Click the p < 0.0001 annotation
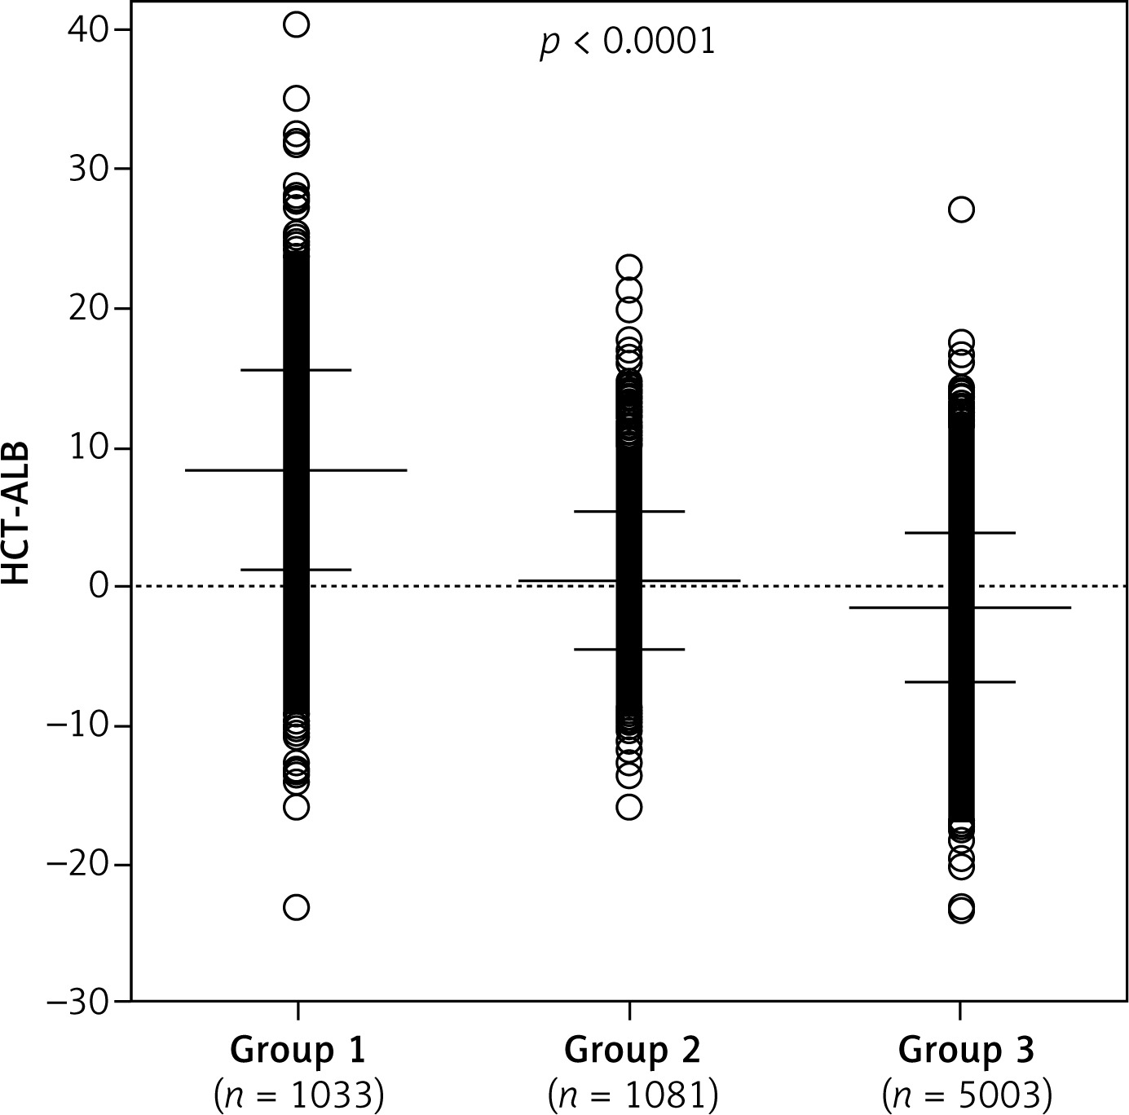click(x=627, y=42)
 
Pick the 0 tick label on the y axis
click(x=99, y=587)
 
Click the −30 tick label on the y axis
click(x=78, y=1002)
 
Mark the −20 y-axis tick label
click(x=78, y=865)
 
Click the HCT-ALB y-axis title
click(x=16, y=514)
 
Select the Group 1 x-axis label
click(x=298, y=1050)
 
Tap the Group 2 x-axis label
click(x=632, y=1050)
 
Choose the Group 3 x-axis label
click(x=965, y=1050)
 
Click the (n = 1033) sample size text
click(x=298, y=1095)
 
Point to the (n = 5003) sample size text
click(x=965, y=1095)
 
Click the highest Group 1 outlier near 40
click(x=296, y=25)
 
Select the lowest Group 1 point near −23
click(x=296, y=907)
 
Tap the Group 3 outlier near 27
click(x=962, y=210)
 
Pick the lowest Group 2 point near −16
click(x=629, y=808)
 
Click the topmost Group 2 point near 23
click(x=629, y=267)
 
